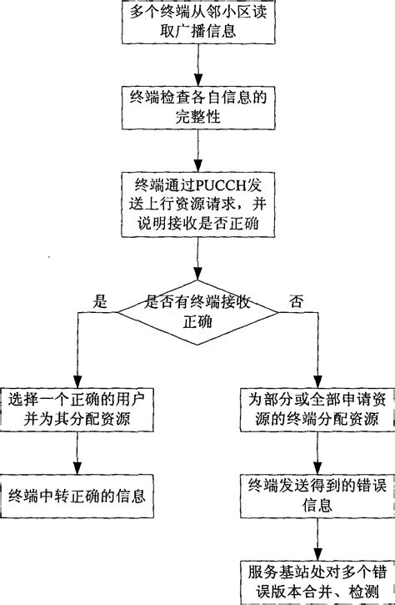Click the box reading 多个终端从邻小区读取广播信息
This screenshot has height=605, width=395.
pyautogui.click(x=197, y=23)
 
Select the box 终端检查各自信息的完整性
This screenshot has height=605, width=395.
pyautogui.click(x=197, y=108)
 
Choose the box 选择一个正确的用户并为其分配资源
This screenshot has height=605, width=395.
pyautogui.click(x=77, y=406)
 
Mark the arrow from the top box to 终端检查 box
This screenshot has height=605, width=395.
pyautogui.click(x=197, y=63)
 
